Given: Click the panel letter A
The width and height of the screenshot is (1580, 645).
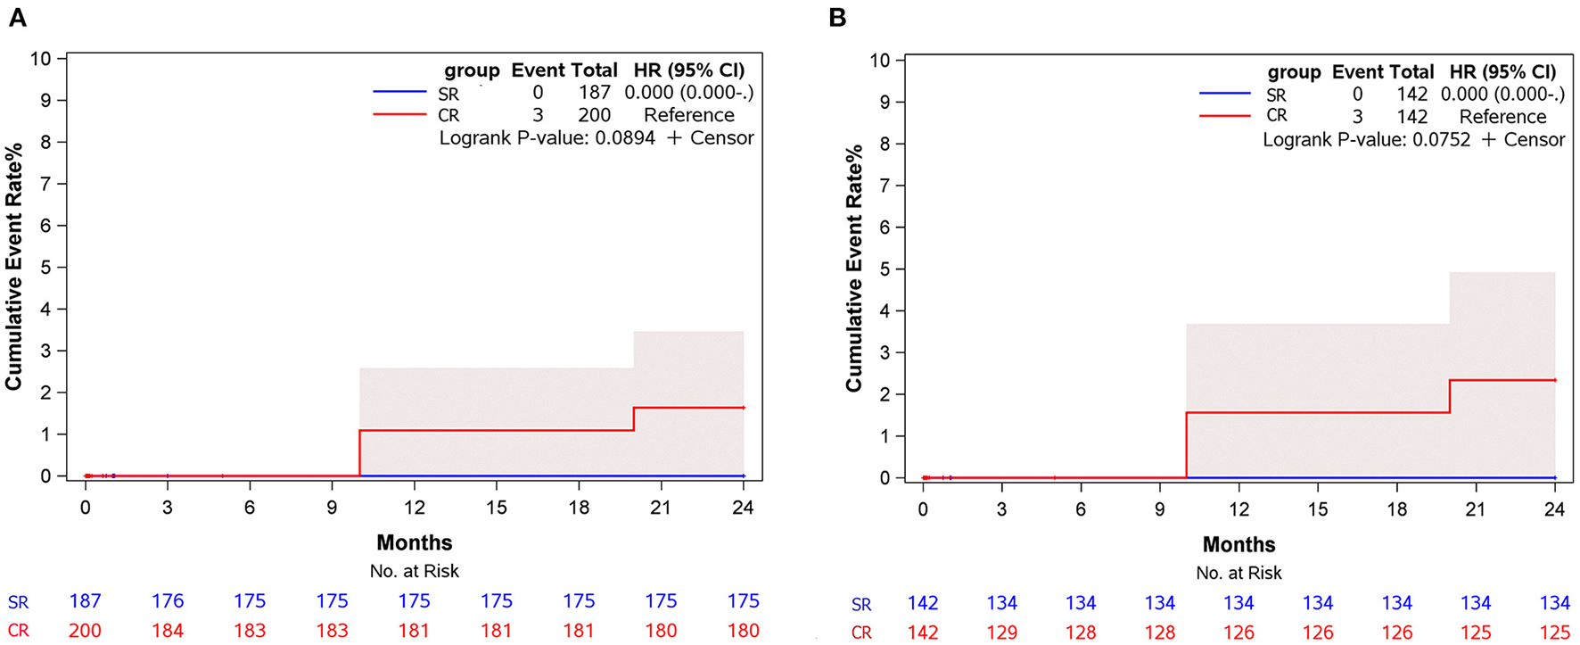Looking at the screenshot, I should [x=17, y=18].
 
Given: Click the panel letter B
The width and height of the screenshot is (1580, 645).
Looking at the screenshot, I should [x=837, y=18].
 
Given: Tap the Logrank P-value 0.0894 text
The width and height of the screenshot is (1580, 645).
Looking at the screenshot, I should [x=547, y=138].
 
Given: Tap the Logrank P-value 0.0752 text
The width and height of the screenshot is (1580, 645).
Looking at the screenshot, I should [x=1366, y=140].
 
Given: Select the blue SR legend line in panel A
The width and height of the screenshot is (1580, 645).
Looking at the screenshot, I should [x=399, y=92].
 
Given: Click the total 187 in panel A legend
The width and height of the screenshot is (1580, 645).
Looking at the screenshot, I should [x=593, y=93].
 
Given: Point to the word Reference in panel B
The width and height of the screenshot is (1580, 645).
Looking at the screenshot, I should [x=1502, y=117].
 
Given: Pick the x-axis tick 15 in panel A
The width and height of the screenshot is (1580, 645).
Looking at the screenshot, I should [x=496, y=508].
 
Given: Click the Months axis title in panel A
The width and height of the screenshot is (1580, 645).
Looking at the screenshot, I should [x=414, y=542].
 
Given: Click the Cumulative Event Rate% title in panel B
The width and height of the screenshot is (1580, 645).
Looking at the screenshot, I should [x=854, y=268].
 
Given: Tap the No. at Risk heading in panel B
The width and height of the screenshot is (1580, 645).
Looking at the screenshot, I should [x=1238, y=573].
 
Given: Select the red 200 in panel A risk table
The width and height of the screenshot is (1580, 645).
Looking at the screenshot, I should [x=86, y=631].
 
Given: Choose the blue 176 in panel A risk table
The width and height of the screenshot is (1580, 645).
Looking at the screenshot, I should [x=168, y=601].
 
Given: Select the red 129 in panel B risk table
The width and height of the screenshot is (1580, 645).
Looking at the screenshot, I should [x=1001, y=633].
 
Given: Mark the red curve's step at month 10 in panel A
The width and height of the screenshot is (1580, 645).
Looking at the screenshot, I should [x=359, y=453].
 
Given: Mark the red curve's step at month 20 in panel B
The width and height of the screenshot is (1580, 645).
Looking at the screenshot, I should [x=1450, y=397].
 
